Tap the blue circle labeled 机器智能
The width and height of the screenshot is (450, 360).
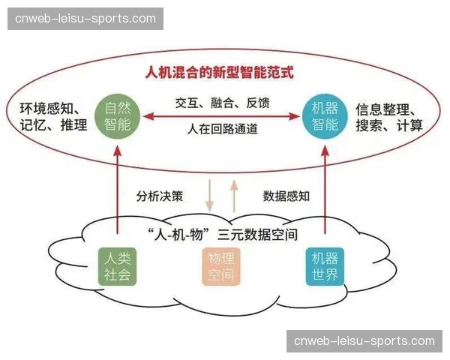tap(325, 116)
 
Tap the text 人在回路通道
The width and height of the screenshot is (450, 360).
tap(222, 130)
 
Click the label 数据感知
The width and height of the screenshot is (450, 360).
tap(286, 196)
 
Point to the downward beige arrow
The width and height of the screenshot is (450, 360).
tap(210, 196)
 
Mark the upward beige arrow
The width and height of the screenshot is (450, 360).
tap(233, 196)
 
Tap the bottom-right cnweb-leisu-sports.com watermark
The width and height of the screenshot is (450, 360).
tap(364, 341)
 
